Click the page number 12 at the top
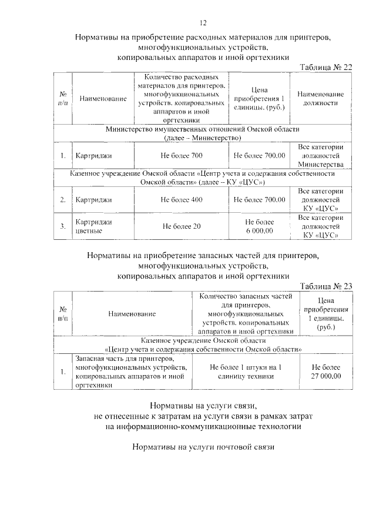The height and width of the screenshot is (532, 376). click(203, 22)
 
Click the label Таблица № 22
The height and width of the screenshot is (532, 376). click(325, 68)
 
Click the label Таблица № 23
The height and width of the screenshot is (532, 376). click(325, 286)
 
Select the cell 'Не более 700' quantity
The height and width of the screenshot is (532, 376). click(182, 155)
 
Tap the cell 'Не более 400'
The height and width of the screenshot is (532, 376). click(182, 200)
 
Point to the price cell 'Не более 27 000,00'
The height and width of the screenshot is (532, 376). click(326, 372)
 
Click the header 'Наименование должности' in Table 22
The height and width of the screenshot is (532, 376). click(320, 99)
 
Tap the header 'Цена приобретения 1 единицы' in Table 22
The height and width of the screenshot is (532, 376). click(259, 99)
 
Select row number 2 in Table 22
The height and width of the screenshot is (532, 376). click(63, 200)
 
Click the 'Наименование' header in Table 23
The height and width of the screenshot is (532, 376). click(132, 314)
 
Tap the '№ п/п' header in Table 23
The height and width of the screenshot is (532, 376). click(63, 314)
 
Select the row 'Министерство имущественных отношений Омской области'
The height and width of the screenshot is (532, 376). click(203, 133)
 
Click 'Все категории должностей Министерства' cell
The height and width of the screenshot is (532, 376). click(320, 155)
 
